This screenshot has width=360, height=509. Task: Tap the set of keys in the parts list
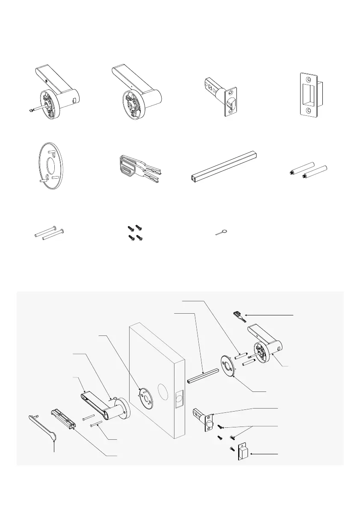[139, 169]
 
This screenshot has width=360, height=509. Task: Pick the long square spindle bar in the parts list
[224, 166]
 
